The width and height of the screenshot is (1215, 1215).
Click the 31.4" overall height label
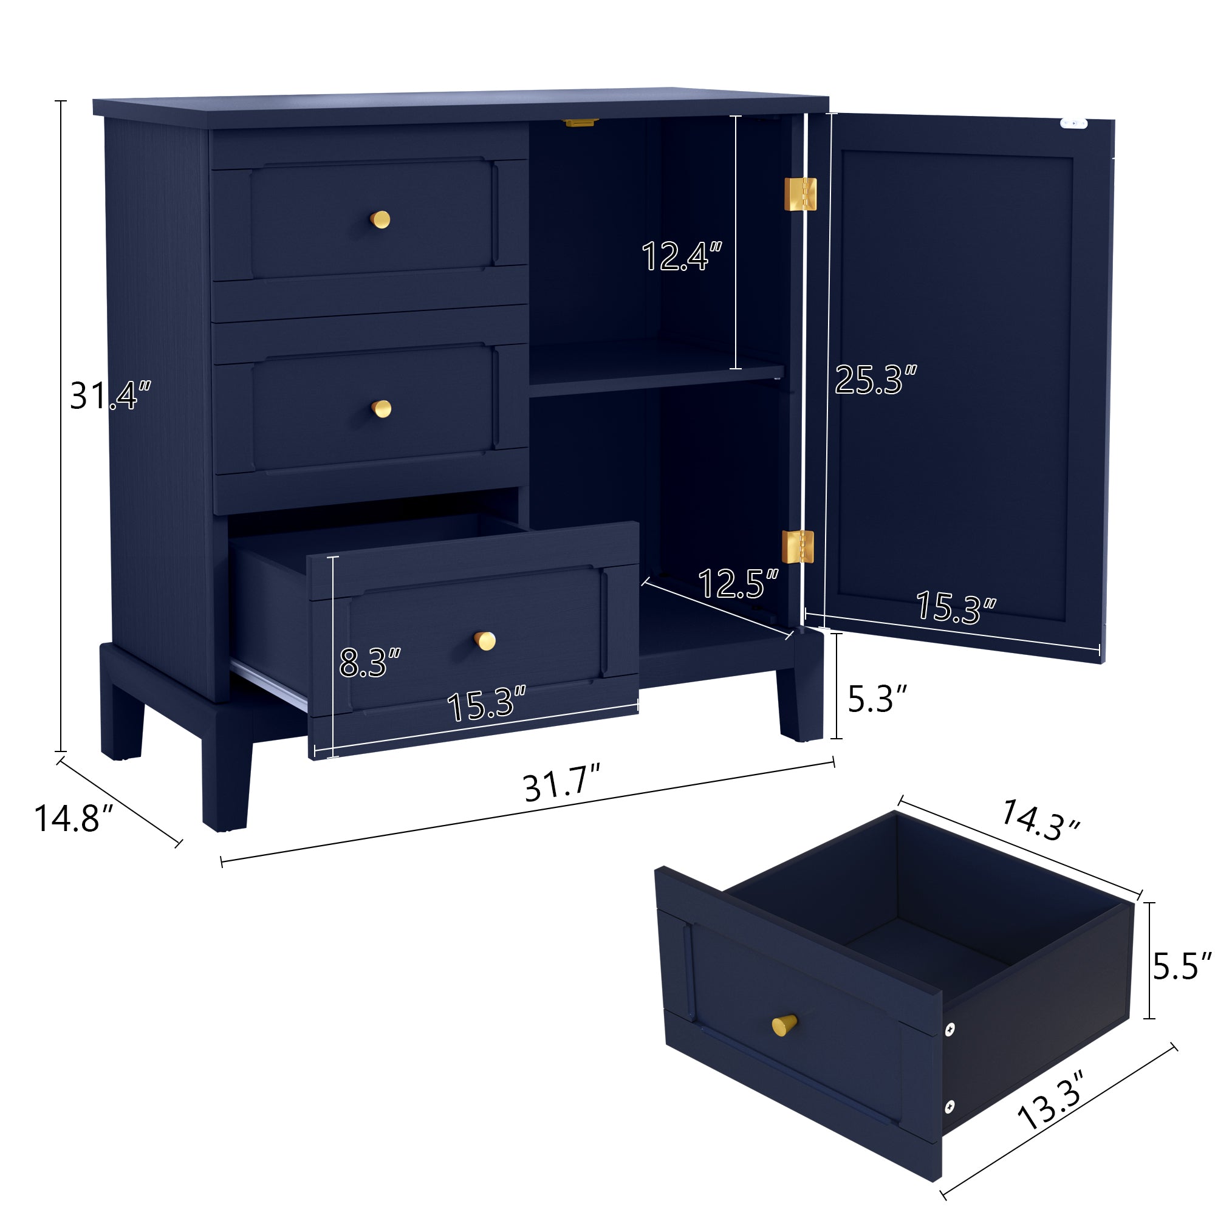tap(110, 395)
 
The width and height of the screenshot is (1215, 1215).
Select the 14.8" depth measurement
tap(73, 819)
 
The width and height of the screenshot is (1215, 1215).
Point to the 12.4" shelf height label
tap(681, 256)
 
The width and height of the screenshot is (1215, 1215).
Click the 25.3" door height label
tap(875, 380)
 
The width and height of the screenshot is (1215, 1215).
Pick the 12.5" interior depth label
tap(738, 584)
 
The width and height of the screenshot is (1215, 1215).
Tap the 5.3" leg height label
tap(877, 699)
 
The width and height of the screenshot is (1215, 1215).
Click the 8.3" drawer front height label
tap(369, 662)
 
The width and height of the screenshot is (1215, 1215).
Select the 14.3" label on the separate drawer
tap(1039, 820)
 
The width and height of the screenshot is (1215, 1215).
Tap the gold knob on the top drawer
tap(380, 219)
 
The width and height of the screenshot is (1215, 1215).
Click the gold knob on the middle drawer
tap(381, 409)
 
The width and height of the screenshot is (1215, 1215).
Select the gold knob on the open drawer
tap(484, 641)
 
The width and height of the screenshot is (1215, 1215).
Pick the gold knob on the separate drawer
tap(784, 1025)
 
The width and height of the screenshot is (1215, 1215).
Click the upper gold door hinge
tap(800, 194)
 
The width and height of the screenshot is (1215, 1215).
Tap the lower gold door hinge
tap(798, 547)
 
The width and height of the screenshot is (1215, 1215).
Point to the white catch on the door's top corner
tap(1073, 123)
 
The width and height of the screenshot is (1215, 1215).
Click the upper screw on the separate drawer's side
tap(950, 1030)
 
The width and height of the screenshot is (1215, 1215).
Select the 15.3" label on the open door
tap(955, 607)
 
